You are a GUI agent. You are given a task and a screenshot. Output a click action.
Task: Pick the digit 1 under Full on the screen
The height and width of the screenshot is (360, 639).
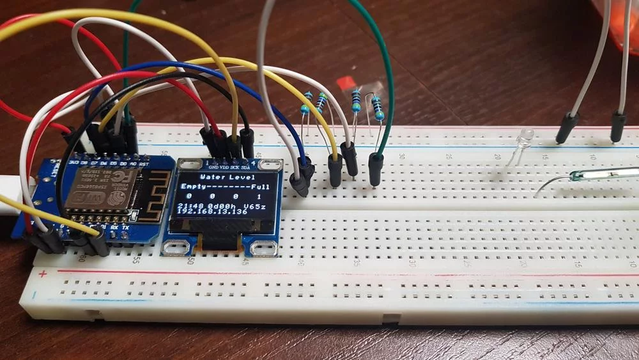pyautogui.click(x=259, y=196)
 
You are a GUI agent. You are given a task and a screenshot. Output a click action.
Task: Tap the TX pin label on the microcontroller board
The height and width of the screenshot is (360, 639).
pyautogui.click(x=125, y=228)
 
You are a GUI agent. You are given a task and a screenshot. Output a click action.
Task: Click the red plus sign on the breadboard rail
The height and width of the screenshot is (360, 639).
pyautogui.click(x=43, y=275)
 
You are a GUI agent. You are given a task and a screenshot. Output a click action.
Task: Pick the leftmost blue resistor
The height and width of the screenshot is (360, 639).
pyautogui.click(x=306, y=103)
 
